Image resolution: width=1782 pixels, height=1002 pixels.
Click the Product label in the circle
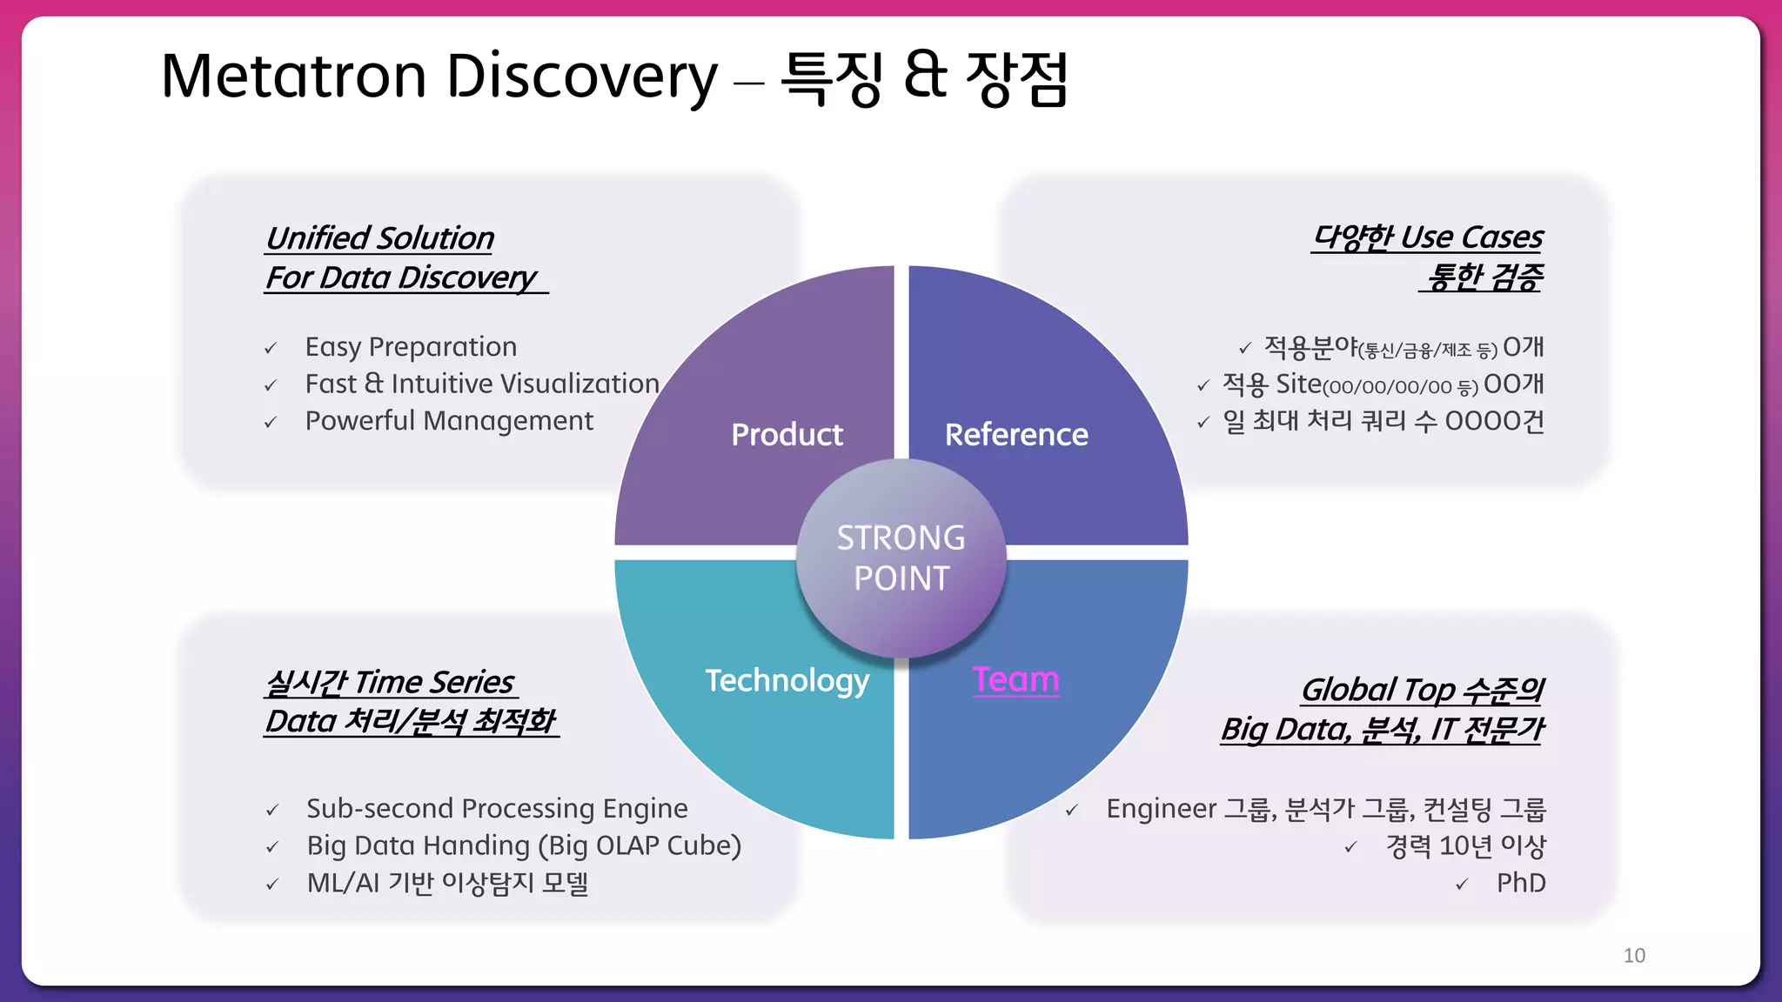[787, 434]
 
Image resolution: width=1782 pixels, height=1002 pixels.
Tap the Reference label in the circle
[1015, 434]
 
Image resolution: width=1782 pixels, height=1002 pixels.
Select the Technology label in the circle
[787, 680]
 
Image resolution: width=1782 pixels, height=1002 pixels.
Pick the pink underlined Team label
[1015, 679]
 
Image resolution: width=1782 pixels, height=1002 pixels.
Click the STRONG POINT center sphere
[901, 558]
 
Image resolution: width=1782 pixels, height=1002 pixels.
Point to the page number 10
[1633, 955]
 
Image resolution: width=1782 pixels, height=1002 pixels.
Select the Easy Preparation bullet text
[411, 347]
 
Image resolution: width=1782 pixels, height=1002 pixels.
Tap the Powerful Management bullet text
[449, 421]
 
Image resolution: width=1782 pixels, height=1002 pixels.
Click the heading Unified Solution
[379, 237]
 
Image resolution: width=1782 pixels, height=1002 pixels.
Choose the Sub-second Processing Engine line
[497, 809]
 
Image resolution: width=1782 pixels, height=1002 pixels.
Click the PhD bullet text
[1520, 883]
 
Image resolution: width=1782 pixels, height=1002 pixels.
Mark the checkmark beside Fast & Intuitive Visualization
[271, 385]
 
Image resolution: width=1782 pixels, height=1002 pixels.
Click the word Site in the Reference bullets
[1297, 384]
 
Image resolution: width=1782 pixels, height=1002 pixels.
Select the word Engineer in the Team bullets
[1161, 809]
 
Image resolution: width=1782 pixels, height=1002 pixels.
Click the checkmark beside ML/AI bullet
[272, 885]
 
